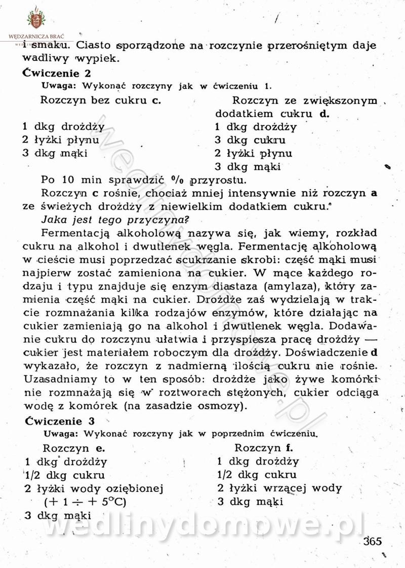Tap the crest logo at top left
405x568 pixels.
[x=36, y=19]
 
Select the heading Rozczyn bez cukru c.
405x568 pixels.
[x=100, y=100]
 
